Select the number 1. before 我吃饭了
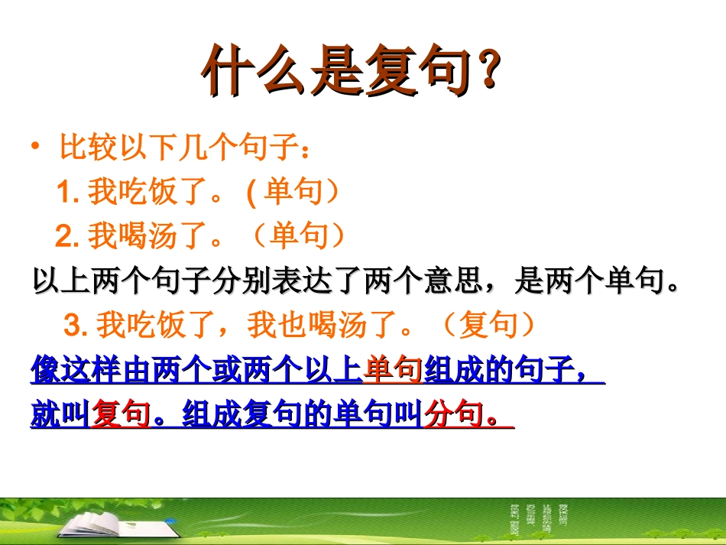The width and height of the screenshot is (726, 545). click(x=68, y=192)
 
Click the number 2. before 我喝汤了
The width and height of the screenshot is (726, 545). click(x=66, y=236)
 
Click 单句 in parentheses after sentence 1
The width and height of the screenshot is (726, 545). click(x=293, y=191)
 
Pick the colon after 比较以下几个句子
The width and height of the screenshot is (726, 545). click(x=306, y=149)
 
